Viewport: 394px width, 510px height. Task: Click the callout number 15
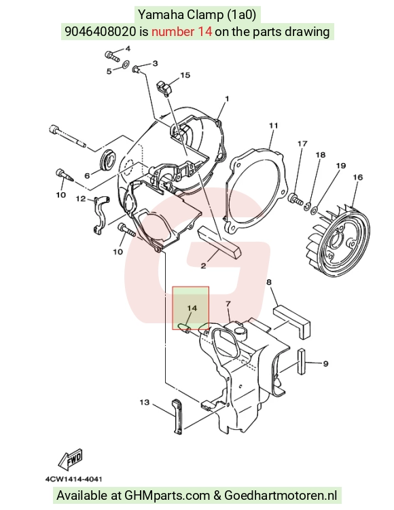pos(185,75)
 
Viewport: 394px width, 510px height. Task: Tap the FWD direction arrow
pos(71,459)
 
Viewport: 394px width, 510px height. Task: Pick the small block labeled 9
pos(302,360)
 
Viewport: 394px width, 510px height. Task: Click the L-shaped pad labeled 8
pos(292,320)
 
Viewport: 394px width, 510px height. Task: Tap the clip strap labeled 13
pos(177,417)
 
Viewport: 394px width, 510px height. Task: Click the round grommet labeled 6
pos(107,160)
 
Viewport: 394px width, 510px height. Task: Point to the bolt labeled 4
pos(112,56)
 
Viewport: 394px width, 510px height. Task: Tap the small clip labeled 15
pos(165,88)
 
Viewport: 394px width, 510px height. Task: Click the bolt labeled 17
pos(295,198)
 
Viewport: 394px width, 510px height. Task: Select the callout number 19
pos(340,166)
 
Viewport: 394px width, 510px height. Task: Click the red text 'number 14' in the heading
pos(182,31)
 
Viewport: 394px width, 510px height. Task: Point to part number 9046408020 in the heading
pos(101,31)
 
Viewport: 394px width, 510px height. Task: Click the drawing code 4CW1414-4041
pos(73,479)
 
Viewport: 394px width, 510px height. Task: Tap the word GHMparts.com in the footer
pos(167,496)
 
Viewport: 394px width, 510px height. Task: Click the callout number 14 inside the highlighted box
pos(192,308)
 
